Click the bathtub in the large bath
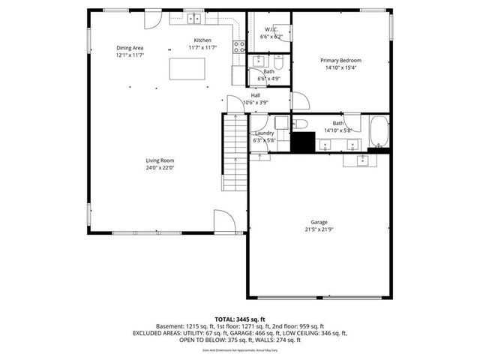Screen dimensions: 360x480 click(378, 132)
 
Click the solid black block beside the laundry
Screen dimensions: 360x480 click(303, 142)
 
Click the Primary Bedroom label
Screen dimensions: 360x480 click(340, 60)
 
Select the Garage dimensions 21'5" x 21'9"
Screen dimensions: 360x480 click(320, 230)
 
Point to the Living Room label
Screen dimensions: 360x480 click(160, 160)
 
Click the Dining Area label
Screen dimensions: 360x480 click(130, 46)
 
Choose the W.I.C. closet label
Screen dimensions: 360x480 click(271, 29)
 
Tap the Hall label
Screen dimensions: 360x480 click(256, 95)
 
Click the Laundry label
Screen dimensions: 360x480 click(264, 133)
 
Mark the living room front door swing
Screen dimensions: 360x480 click(223, 222)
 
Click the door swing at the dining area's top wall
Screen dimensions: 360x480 click(152, 19)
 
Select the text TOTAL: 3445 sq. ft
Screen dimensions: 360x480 click(240, 319)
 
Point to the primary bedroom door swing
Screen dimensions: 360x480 click(299, 101)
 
